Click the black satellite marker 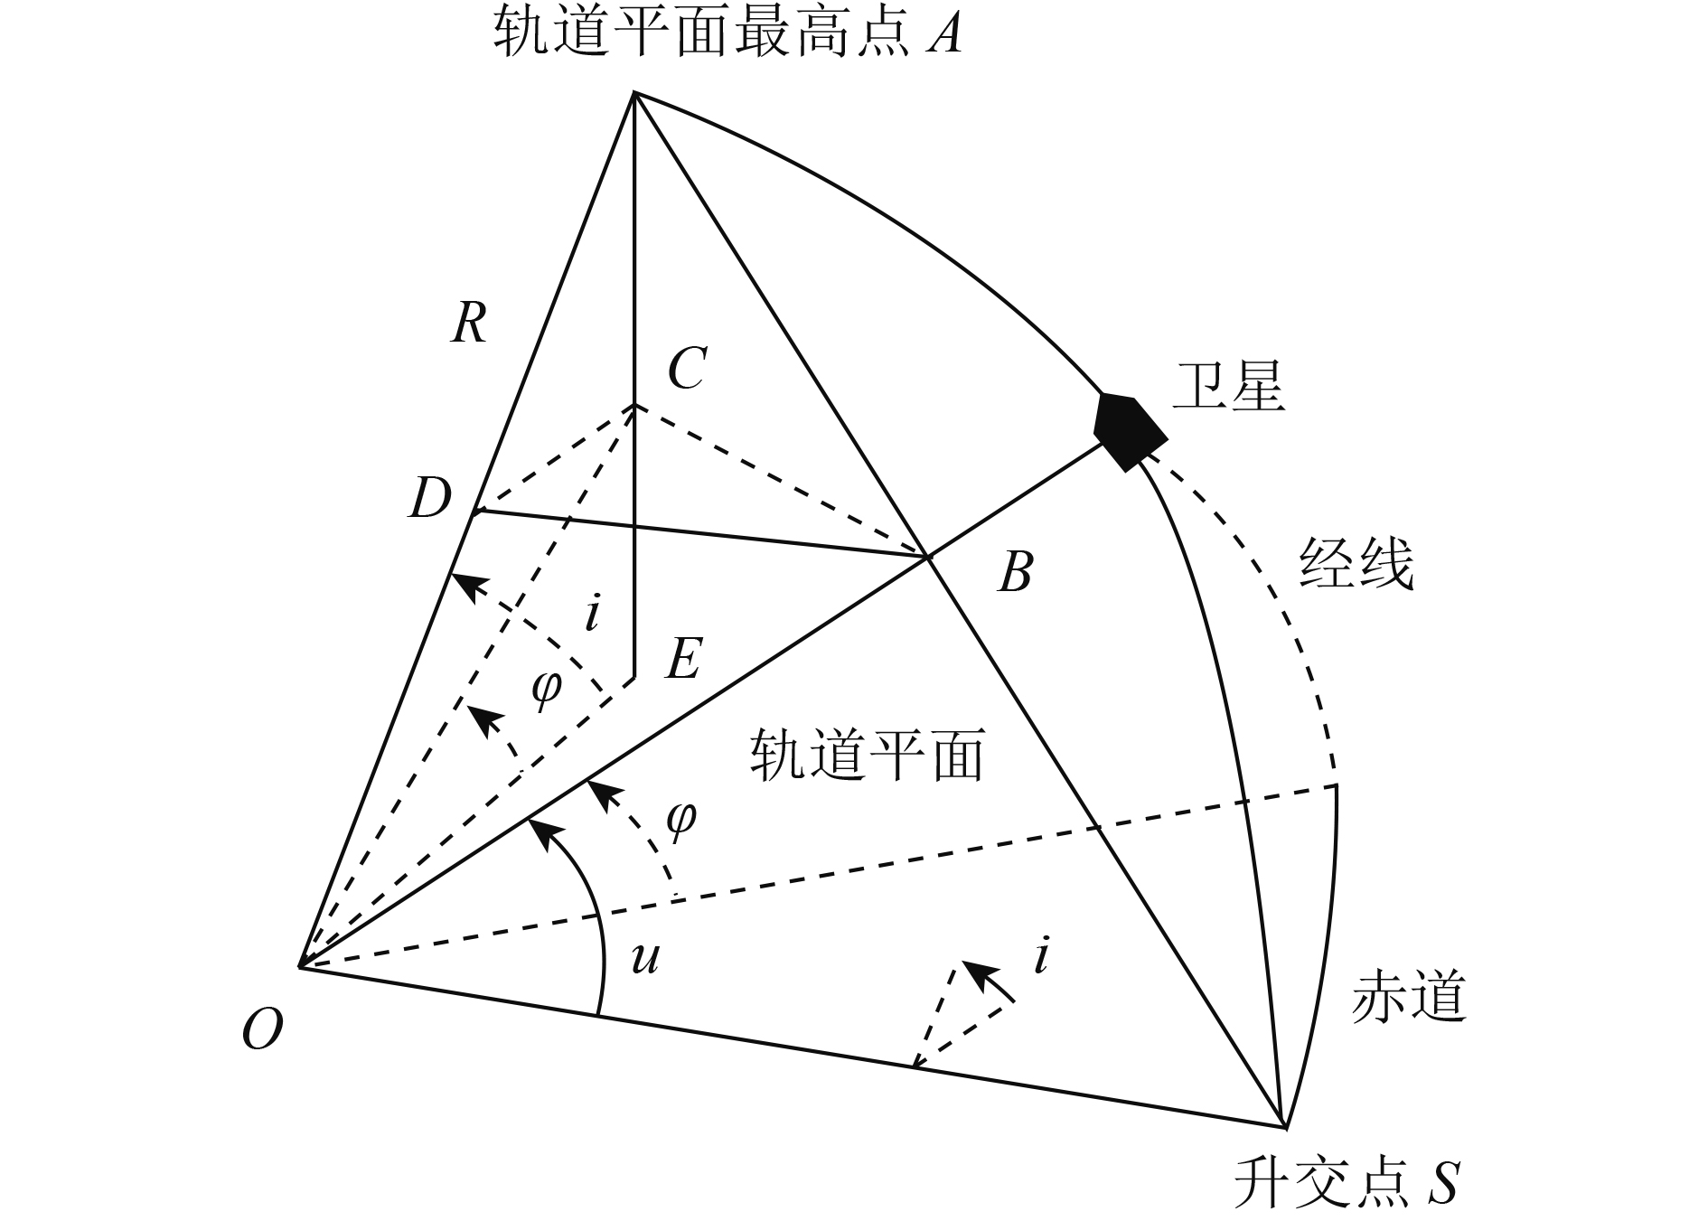coord(1128,430)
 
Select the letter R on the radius coord(469,323)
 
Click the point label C coord(687,369)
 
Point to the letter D coord(429,498)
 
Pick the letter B coord(1015,572)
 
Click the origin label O coord(262,1029)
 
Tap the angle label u coord(644,957)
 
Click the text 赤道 coord(1408,997)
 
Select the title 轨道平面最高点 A coord(727,34)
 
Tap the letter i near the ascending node coord(1043,956)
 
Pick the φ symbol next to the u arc coord(681,818)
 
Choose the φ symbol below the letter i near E coord(546,689)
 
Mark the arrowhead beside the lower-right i coord(977,972)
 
